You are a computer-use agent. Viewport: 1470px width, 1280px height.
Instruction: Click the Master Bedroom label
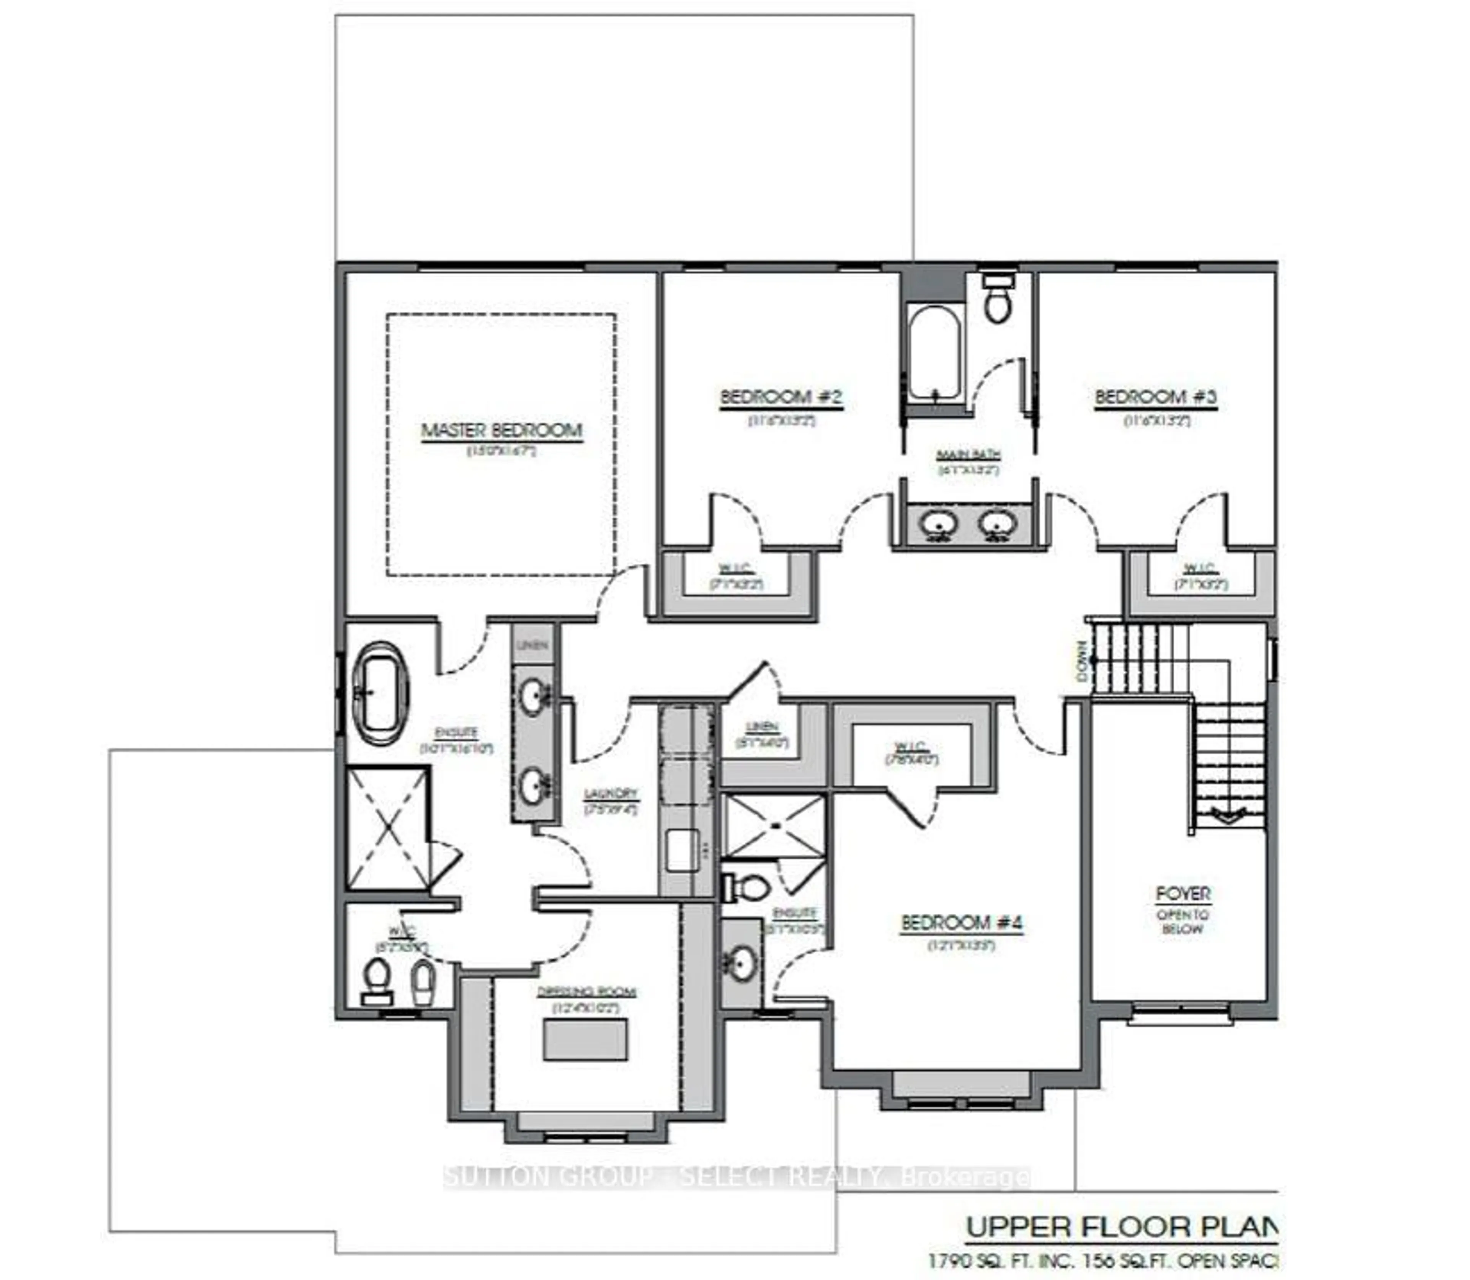501,431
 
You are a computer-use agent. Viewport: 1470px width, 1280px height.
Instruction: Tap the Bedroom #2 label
781,397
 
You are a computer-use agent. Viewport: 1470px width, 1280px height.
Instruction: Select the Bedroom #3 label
1156,397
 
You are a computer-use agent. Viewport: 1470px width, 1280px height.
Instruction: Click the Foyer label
1183,894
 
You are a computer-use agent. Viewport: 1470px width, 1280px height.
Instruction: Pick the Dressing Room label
586,992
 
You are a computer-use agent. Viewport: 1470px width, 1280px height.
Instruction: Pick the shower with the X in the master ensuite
387,828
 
